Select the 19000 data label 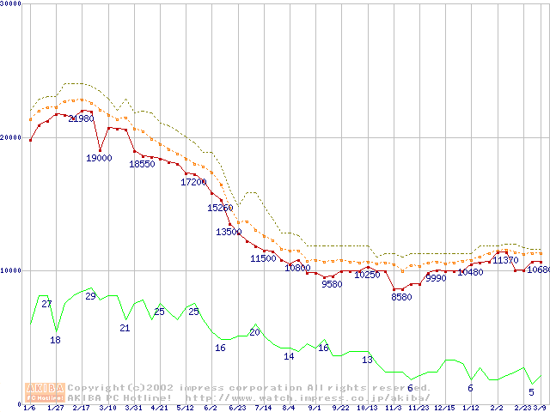(x=99, y=158)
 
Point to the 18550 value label (x=142, y=164)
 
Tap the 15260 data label (x=220, y=208)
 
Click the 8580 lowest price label (x=401, y=297)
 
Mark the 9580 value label (x=332, y=284)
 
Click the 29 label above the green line (x=90, y=296)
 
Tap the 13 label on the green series (x=367, y=360)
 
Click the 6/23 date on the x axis (x=237, y=408)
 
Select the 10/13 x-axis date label (x=367, y=408)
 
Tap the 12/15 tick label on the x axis (x=444, y=408)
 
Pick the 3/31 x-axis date (x=133, y=408)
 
